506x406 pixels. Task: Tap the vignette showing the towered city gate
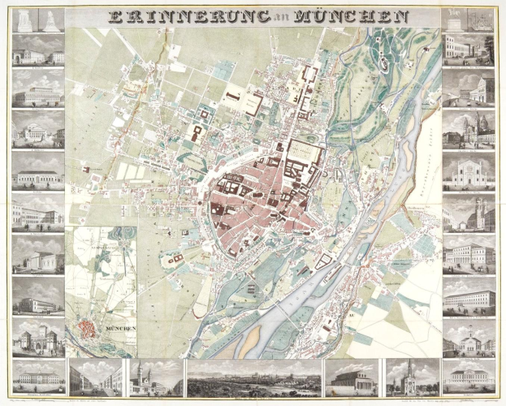[37, 335]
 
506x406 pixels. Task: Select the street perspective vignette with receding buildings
[96, 376]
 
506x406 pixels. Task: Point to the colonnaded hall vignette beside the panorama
[352, 376]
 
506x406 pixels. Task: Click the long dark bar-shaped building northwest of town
[235, 96]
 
